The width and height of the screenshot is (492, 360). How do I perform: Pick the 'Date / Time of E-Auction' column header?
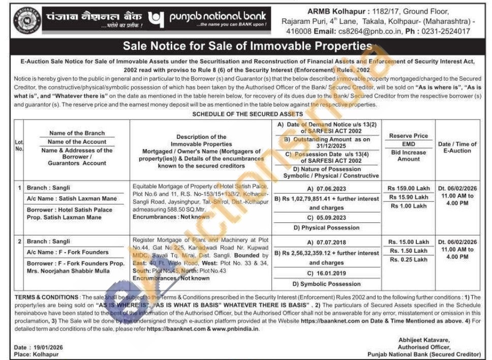click(457, 147)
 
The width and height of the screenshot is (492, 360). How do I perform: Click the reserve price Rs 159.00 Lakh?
click(408, 188)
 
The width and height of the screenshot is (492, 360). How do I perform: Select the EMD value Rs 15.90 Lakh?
click(408, 197)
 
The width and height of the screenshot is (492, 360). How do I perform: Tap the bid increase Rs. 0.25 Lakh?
click(408, 260)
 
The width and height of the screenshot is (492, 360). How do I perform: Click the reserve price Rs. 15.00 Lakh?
click(408, 242)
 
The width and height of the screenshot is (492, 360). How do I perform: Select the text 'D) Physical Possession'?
click(327, 228)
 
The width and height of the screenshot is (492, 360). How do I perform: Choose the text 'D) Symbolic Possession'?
click(327, 284)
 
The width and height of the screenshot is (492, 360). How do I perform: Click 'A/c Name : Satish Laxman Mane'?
click(72, 198)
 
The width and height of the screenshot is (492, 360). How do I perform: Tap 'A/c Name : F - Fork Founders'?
click(68, 252)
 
